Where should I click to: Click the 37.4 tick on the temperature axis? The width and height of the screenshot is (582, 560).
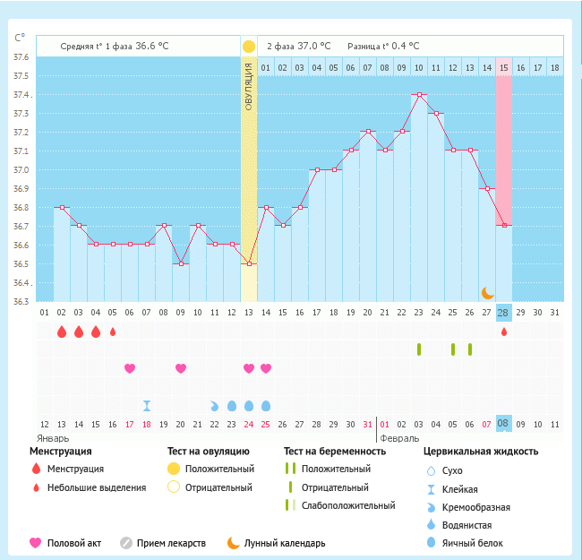pyautogui.click(x=20, y=95)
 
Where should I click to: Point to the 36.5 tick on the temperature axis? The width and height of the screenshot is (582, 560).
pyautogui.click(x=20, y=264)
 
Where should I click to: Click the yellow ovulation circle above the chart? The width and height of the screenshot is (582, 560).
pyautogui.click(x=248, y=47)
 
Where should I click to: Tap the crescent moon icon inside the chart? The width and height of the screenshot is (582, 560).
pyautogui.click(x=487, y=292)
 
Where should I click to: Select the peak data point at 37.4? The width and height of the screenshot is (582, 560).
pyautogui.click(x=418, y=94)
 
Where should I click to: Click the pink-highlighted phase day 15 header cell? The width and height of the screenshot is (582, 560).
pyautogui.click(x=504, y=67)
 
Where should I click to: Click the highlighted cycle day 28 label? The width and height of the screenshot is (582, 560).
pyautogui.click(x=504, y=312)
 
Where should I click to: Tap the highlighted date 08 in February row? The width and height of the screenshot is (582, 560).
pyautogui.click(x=504, y=423)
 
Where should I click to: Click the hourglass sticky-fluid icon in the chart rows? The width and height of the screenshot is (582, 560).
pyautogui.click(x=147, y=405)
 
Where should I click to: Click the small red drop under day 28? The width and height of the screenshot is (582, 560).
pyautogui.click(x=504, y=332)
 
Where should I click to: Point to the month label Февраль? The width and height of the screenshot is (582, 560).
pyautogui.click(x=400, y=439)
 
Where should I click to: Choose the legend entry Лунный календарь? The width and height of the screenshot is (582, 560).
pyautogui.click(x=287, y=543)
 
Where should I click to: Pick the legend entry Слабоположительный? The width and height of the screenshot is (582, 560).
pyautogui.click(x=348, y=505)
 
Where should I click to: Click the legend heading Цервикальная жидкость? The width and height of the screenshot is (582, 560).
pyautogui.click(x=481, y=452)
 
